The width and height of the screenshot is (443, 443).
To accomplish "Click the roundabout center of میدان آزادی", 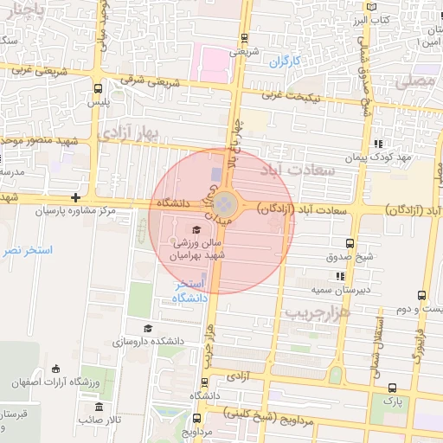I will point(224,205).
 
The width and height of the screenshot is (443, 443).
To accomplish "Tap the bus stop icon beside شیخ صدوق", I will point(349,243).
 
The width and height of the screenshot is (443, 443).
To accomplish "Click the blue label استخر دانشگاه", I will point(190,292).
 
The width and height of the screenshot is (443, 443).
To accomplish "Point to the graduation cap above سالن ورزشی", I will point(196,230).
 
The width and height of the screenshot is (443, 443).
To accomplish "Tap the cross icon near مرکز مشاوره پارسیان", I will point(76,197).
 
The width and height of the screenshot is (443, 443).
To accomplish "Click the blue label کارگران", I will point(283,62).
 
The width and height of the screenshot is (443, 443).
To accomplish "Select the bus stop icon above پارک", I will point(394,388).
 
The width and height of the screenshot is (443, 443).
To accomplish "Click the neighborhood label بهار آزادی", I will point(131,132).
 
